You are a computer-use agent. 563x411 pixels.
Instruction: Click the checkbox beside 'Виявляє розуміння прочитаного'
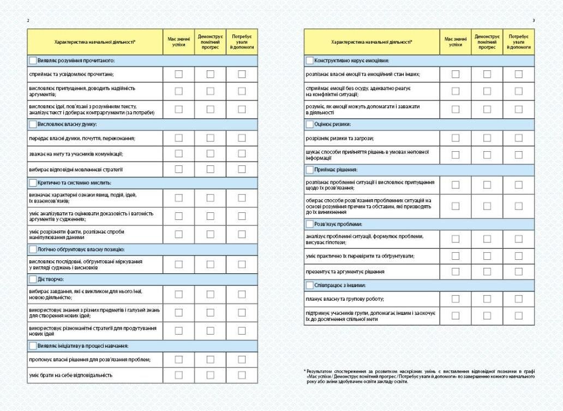[33, 60]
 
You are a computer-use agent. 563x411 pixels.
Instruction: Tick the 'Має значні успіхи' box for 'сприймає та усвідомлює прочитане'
[178, 74]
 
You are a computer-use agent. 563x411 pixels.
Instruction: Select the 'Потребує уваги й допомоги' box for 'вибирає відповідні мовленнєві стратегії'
[241, 169]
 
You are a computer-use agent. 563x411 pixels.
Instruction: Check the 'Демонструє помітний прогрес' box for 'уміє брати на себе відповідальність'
[210, 375]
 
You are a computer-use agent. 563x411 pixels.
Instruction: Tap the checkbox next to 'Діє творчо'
[33, 279]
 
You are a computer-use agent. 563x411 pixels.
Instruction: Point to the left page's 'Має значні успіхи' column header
[178, 41]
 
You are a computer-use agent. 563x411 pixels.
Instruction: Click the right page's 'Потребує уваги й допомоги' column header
[518, 41]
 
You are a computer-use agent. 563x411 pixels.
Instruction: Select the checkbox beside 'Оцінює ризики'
[310, 124]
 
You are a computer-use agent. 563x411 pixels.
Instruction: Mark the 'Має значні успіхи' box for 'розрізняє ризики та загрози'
[456, 138]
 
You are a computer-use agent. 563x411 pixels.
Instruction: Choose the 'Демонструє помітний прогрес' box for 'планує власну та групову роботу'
[487, 299]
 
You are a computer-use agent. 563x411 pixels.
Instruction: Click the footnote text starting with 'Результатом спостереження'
[419, 376]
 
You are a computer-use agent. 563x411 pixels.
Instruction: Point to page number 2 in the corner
[28, 20]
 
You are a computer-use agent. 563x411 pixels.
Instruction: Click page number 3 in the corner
[534, 20]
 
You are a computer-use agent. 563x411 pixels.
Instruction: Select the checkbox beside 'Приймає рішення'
[310, 170]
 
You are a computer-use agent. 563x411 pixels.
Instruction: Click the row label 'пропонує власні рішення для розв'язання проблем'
[89, 359]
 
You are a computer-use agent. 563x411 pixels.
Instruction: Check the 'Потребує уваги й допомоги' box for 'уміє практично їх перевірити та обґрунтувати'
[518, 255]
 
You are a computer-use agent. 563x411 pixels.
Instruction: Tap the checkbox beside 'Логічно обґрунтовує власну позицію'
[33, 249]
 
